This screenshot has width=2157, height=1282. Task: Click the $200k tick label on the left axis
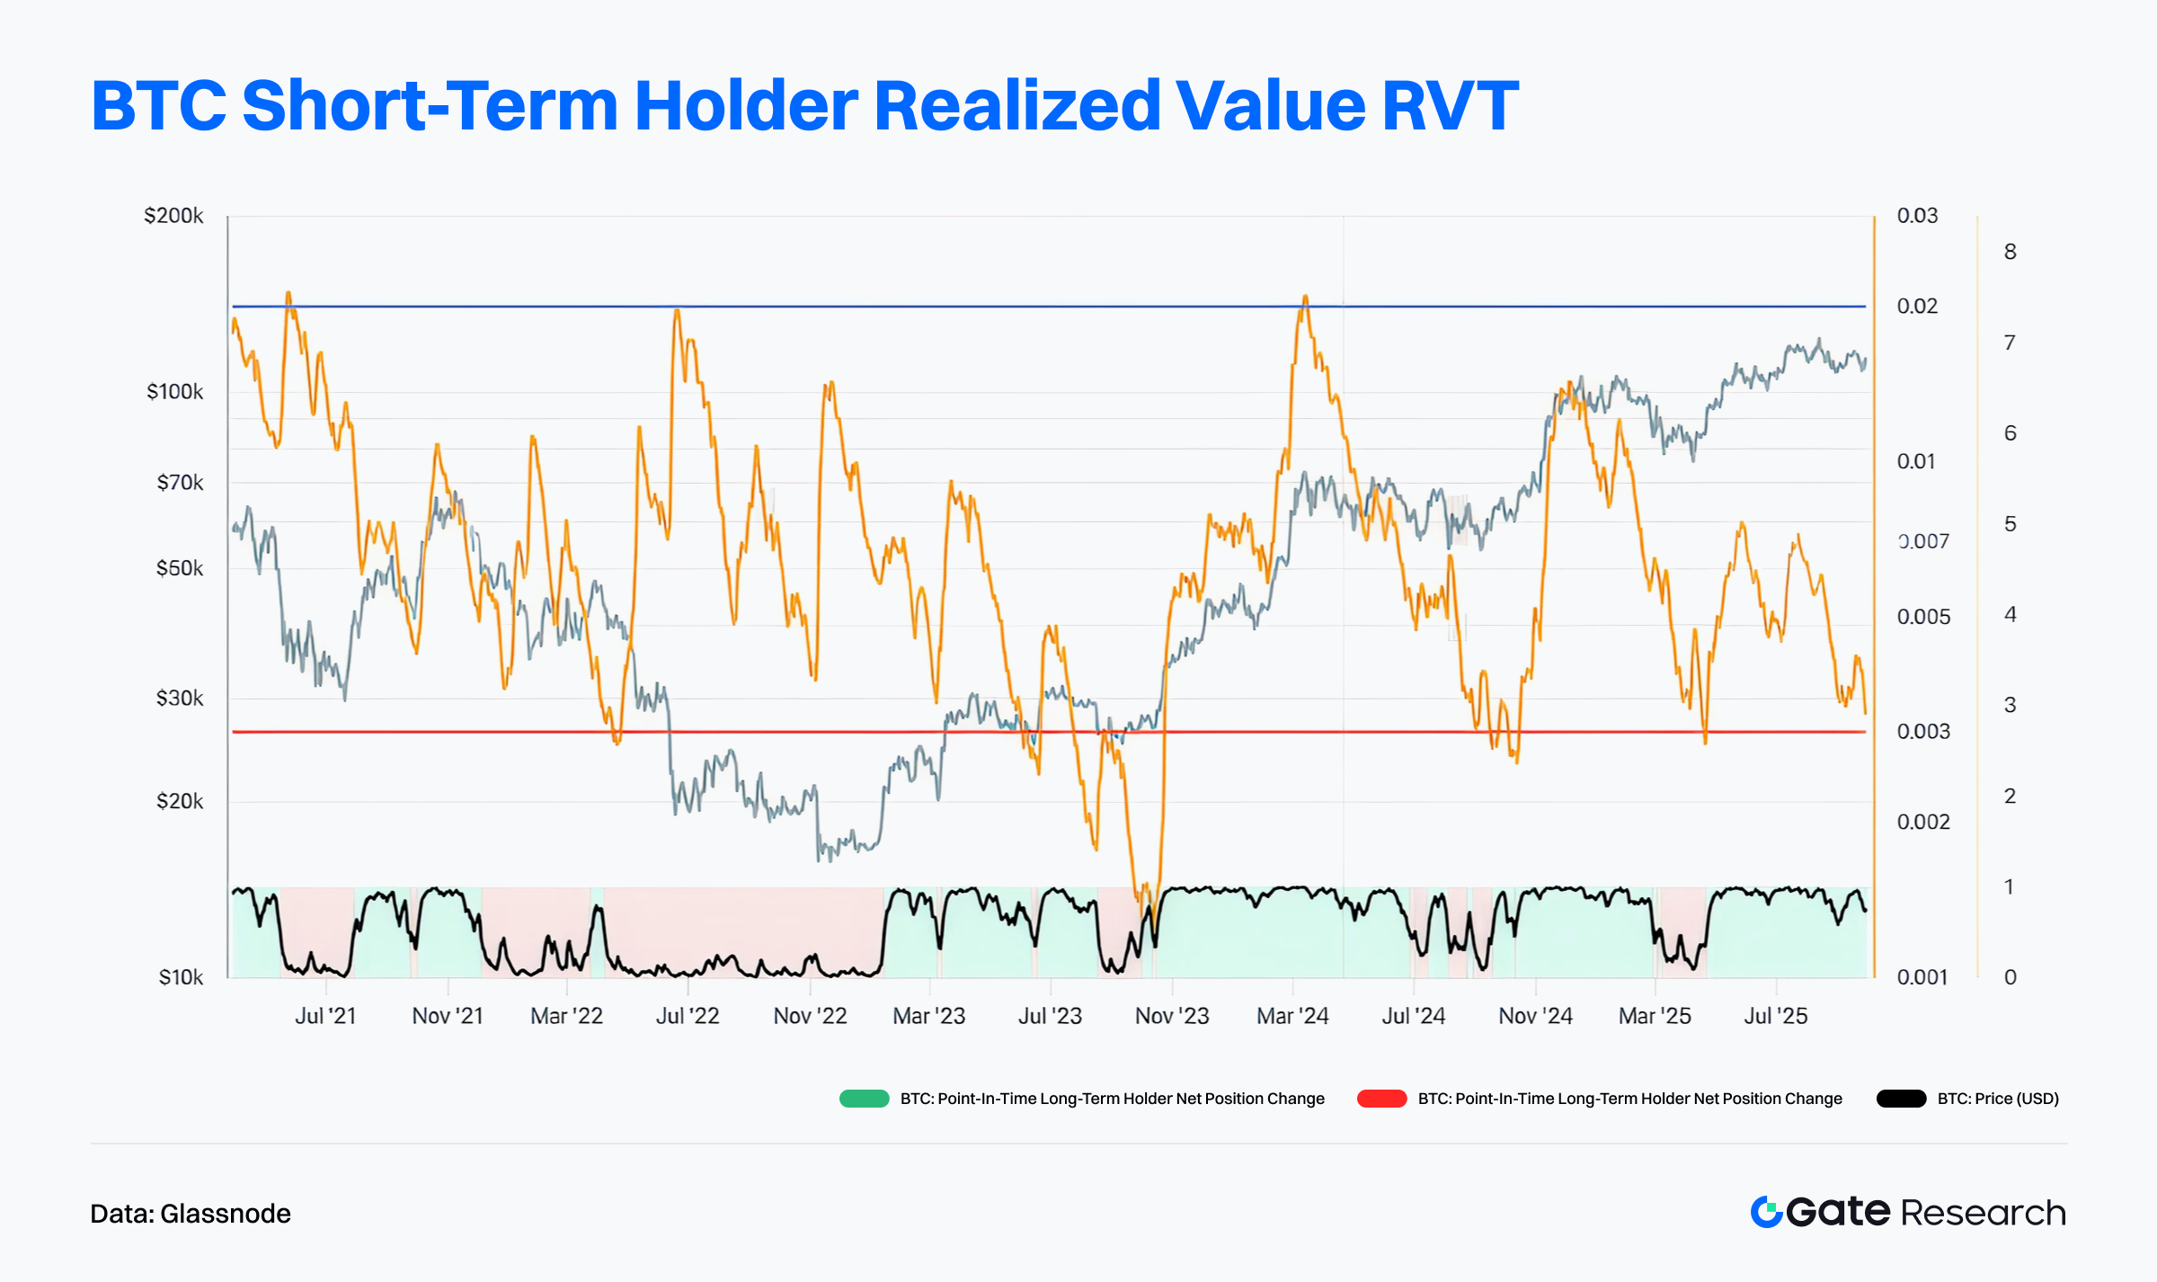[173, 216]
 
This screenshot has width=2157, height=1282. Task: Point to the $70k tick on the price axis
[180, 483]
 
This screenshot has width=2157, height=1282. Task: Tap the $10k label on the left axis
[181, 977]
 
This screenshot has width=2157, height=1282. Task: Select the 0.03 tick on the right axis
[1917, 216]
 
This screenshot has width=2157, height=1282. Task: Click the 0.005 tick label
[1923, 617]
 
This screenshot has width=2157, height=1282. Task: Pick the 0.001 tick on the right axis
[1922, 977]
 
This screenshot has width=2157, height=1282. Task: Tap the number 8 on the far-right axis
[2010, 252]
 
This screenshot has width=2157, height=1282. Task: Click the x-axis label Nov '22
[810, 1016]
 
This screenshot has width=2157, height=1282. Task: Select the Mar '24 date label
[1292, 1016]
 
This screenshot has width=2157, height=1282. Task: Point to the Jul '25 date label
[1775, 1016]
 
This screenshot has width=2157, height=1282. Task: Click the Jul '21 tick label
[325, 1016]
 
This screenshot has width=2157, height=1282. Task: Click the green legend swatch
[864, 1099]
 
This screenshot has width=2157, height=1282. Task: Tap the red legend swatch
[1381, 1099]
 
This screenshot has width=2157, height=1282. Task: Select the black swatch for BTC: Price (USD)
[1901, 1099]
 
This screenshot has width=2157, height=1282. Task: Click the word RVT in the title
[1450, 105]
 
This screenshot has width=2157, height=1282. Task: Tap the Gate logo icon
[1766, 1212]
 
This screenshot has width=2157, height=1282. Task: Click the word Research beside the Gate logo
[1983, 1213]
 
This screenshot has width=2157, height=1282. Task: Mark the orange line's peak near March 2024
[1305, 296]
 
